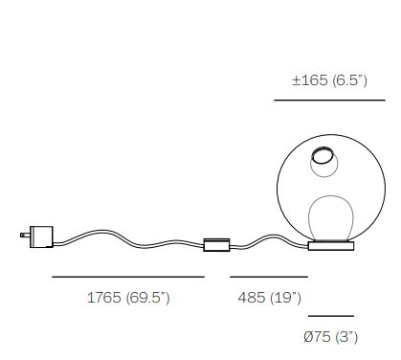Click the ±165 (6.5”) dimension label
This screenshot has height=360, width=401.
(x=329, y=80)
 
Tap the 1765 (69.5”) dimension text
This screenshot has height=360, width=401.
(x=128, y=298)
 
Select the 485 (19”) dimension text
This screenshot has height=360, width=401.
(x=269, y=298)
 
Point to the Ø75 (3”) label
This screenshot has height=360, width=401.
(x=331, y=337)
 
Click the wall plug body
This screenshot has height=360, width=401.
(x=41, y=236)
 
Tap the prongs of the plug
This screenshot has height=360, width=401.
(x=25, y=235)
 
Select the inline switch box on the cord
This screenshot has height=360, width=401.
(x=216, y=245)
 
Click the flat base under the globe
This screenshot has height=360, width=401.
(x=331, y=246)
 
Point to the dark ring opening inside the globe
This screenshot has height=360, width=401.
(x=323, y=156)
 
